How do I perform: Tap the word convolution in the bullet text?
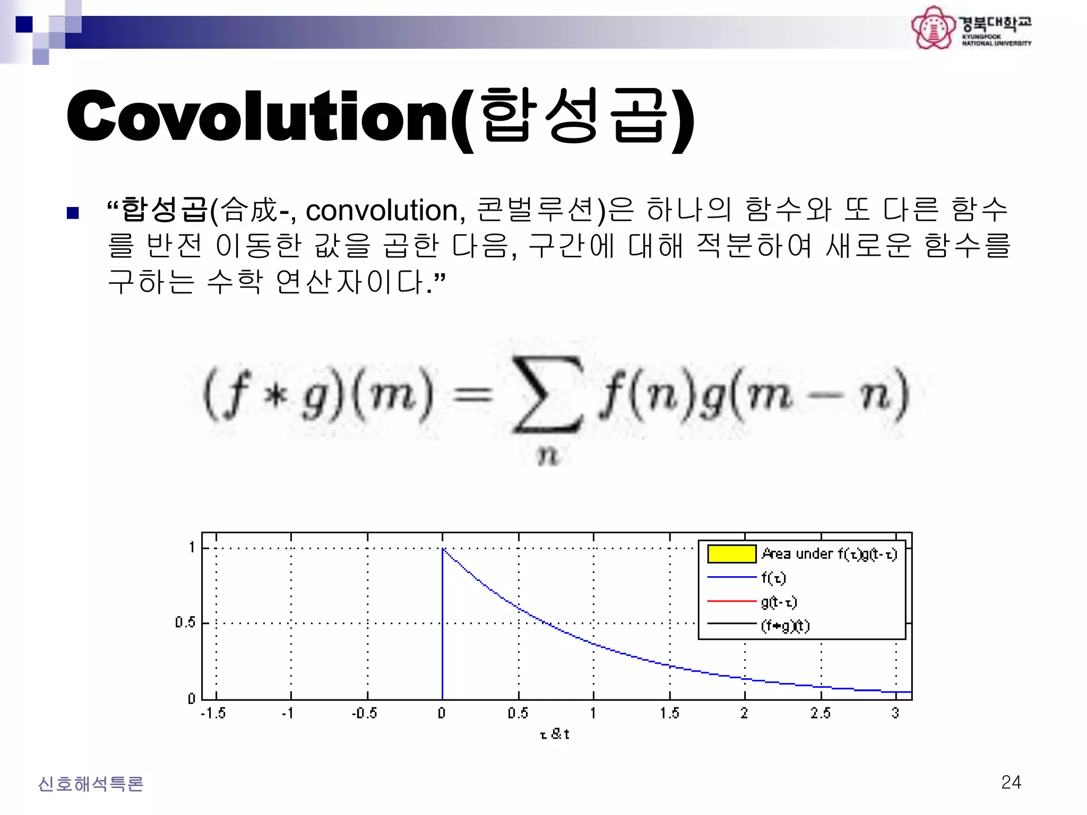click(x=382, y=210)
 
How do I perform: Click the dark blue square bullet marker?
click(x=73, y=213)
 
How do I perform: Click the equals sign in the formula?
click(x=472, y=396)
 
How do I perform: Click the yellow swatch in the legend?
click(x=731, y=553)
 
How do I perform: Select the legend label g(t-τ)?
click(x=779, y=602)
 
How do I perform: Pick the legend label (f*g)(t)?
click(x=785, y=626)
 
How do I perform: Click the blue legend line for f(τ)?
click(x=731, y=577)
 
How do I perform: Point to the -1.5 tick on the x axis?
click(x=213, y=713)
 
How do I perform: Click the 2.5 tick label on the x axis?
click(x=820, y=713)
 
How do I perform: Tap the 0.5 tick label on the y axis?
click(x=185, y=622)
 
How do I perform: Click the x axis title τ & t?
click(x=555, y=734)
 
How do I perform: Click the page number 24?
click(x=1011, y=782)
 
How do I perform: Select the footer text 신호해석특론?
click(x=91, y=784)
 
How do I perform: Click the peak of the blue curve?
click(x=443, y=549)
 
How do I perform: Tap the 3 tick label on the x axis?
click(x=895, y=713)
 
